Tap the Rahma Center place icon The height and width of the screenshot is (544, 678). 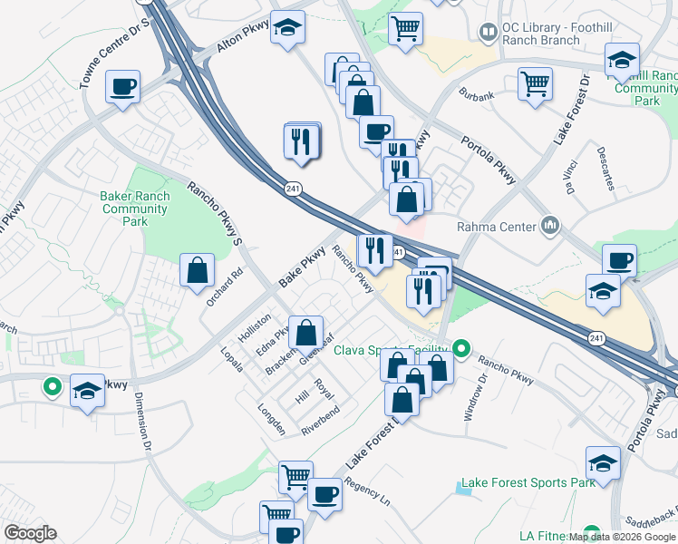click(x=550, y=225)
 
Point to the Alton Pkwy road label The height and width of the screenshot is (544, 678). click(x=244, y=39)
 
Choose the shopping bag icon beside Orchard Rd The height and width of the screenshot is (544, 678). click(x=197, y=269)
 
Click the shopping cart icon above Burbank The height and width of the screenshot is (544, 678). click(x=535, y=83)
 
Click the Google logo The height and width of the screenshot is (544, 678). click(x=30, y=533)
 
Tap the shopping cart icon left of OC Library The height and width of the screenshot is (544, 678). click(x=404, y=27)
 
